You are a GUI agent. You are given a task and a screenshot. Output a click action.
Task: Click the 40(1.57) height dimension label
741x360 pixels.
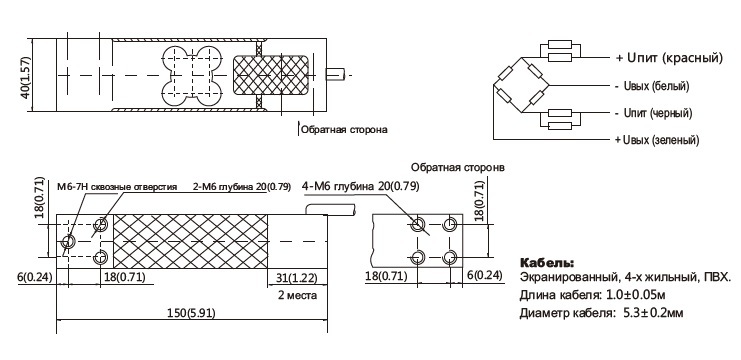click(x=26, y=77)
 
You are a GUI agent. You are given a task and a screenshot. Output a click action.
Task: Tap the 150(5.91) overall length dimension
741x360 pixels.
click(x=191, y=313)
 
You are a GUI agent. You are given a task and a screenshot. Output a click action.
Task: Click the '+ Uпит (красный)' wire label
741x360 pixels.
click(x=669, y=58)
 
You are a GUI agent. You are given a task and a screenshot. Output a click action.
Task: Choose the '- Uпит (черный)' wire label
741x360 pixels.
click(x=654, y=113)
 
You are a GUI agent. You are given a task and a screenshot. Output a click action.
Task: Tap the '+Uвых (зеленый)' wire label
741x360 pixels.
click(x=657, y=140)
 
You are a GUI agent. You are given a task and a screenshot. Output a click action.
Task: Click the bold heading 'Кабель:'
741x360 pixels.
click(x=547, y=262)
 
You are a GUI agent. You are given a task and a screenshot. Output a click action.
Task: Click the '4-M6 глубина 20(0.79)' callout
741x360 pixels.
click(x=361, y=186)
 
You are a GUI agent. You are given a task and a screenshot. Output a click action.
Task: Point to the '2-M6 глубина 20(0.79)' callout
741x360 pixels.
click(x=242, y=187)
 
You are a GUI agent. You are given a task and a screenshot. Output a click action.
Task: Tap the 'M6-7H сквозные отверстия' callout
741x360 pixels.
click(x=117, y=187)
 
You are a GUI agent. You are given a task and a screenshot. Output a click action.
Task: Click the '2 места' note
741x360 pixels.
click(x=297, y=296)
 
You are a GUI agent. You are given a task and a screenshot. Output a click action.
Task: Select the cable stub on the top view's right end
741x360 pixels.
click(x=336, y=74)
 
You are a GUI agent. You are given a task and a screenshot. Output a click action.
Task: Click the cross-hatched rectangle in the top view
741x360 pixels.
click(x=270, y=75)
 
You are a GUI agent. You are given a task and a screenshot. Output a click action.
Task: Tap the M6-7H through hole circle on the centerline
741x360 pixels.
click(x=68, y=242)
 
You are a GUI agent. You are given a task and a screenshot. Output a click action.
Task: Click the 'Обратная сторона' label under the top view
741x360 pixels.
click(x=344, y=129)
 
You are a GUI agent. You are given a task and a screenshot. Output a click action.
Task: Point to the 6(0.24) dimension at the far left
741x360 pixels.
click(x=35, y=276)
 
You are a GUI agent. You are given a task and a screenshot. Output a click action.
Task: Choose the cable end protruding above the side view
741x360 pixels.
click(x=330, y=209)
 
